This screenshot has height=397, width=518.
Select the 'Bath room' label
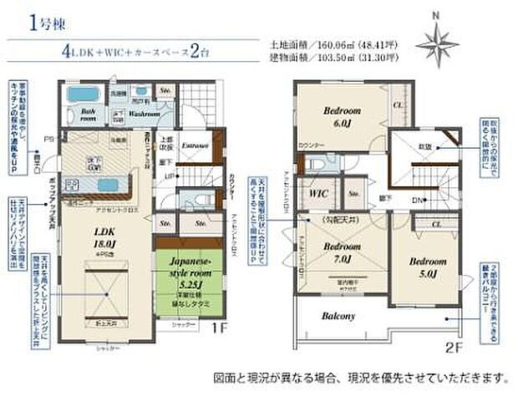88,115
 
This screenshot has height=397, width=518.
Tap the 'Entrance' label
195,144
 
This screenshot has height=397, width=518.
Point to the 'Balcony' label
338,317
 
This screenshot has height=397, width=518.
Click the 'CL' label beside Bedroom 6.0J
398,105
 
